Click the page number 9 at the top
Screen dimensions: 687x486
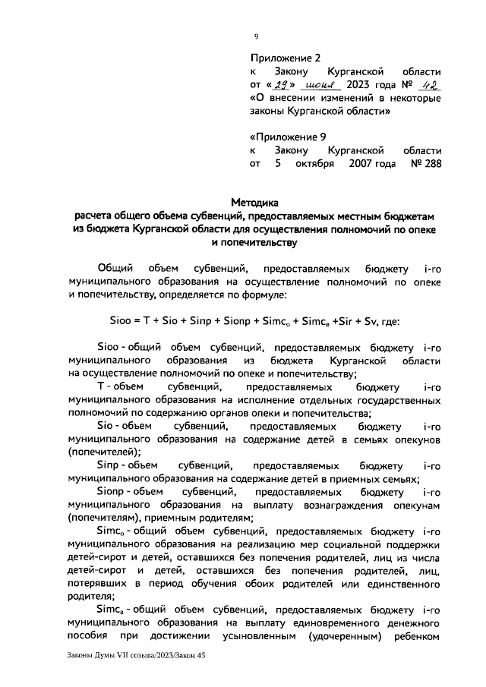pos(256,36)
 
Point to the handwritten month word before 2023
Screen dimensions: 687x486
pos(319,84)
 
